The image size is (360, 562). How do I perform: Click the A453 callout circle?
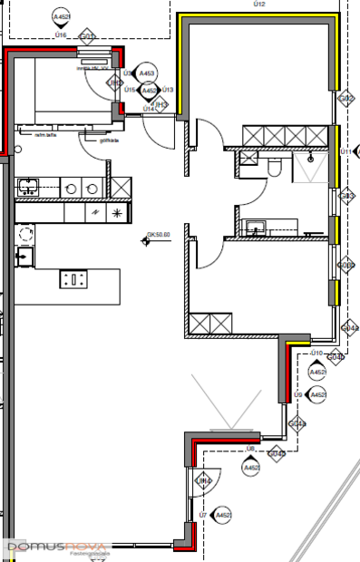click(148, 73)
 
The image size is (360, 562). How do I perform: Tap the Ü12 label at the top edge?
click(259, 5)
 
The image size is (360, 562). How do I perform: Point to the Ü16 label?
click(61, 34)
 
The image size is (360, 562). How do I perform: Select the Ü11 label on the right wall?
click(345, 151)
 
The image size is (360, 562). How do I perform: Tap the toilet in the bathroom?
click(276, 166)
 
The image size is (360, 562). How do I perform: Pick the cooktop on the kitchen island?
click(73, 279)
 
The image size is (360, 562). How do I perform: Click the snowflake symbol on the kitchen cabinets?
click(117, 212)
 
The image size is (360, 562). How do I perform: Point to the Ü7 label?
click(202, 515)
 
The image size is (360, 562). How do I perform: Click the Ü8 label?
click(249, 449)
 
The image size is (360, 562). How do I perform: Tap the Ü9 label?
click(297, 395)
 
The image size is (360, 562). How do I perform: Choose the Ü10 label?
click(316, 352)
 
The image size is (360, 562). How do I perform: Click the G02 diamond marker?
click(345, 98)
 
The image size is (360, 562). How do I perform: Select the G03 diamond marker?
click(345, 196)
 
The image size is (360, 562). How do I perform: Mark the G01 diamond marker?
click(87, 37)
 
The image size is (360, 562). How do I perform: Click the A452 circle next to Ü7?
click(223, 516)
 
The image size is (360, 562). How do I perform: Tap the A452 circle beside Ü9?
click(317, 395)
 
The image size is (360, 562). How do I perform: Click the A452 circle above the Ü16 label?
click(62, 16)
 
